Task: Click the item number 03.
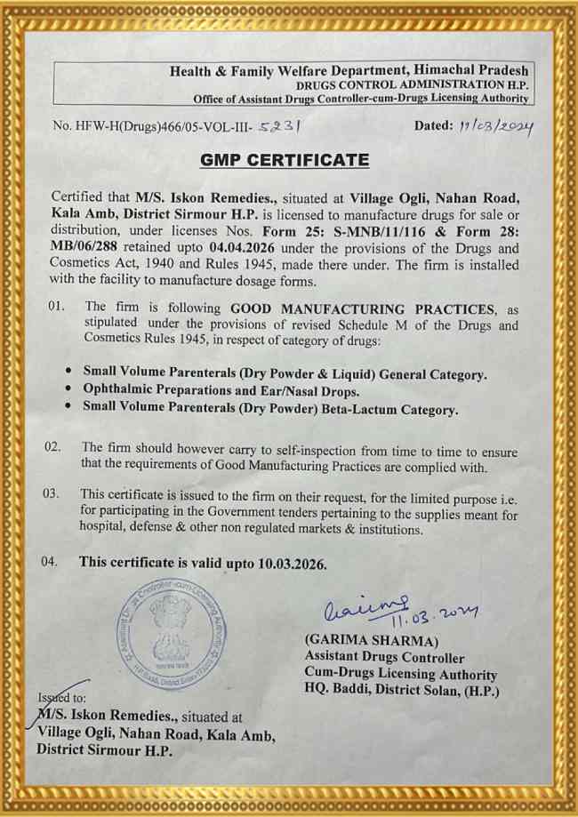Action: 52,493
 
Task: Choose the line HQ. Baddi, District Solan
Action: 401,691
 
